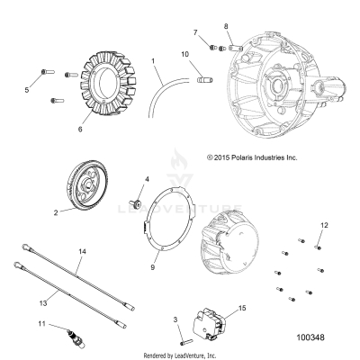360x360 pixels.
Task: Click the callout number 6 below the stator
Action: (x=80, y=130)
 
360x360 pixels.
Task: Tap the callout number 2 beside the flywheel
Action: (x=56, y=213)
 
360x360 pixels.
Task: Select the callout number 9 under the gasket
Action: (x=153, y=267)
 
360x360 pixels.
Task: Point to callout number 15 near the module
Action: (x=242, y=308)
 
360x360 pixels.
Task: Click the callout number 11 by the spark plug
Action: (x=42, y=324)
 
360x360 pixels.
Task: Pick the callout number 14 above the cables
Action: (x=82, y=251)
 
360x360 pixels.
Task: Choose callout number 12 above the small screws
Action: (x=324, y=225)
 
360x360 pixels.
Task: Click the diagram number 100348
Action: (x=310, y=337)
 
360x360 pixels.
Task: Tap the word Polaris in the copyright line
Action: (x=242, y=157)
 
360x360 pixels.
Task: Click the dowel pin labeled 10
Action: (x=205, y=80)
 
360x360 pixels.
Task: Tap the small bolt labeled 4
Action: (x=136, y=202)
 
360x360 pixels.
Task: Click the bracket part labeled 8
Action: (x=235, y=48)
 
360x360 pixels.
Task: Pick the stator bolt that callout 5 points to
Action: (x=48, y=72)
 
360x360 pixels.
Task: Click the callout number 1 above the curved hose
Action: (x=153, y=61)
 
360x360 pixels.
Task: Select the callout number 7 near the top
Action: (x=195, y=32)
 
